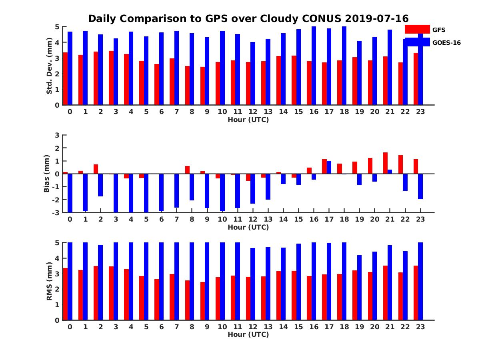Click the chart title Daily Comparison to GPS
(248, 19)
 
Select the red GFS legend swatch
(417, 29)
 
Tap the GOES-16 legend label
(446, 42)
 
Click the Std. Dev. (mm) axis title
(50, 66)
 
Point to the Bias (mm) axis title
(47, 174)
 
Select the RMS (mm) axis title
(50, 281)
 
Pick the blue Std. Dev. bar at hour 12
(253, 74)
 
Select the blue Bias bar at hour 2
(100, 185)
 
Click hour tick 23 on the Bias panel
(420, 219)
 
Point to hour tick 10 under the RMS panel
(222, 327)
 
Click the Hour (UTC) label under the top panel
(248, 120)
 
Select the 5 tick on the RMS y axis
(57, 242)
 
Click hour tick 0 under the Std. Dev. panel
(70, 112)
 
